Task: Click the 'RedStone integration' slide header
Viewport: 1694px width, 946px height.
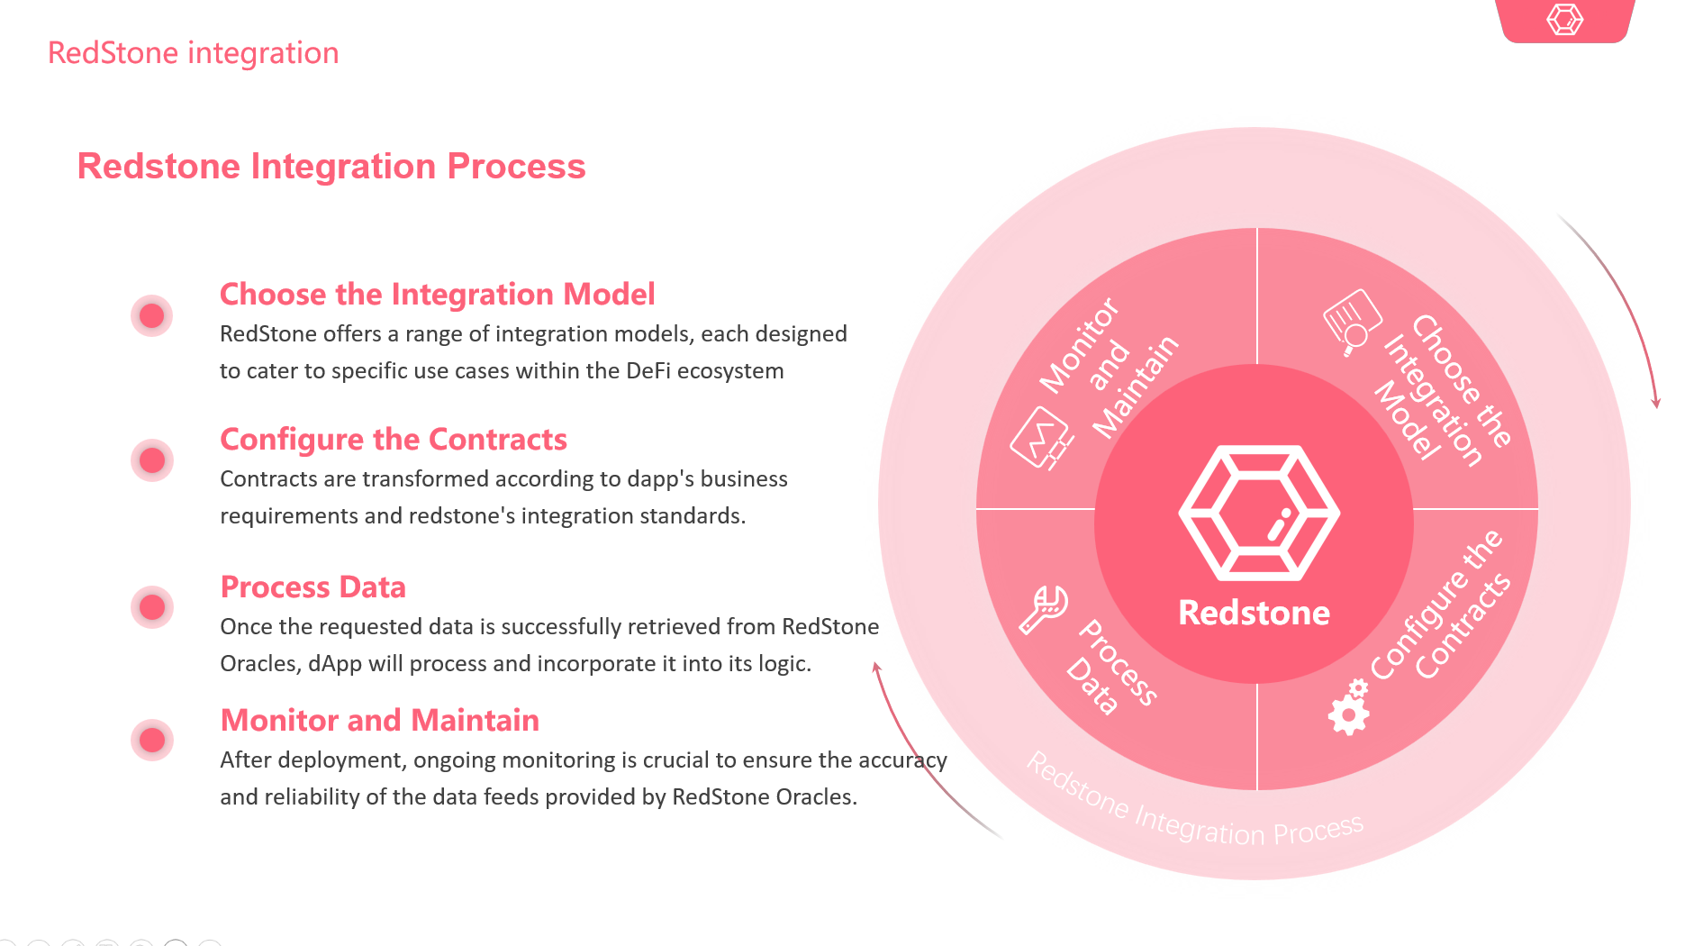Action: click(x=194, y=53)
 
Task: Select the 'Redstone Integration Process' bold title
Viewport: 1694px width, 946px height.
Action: click(x=331, y=167)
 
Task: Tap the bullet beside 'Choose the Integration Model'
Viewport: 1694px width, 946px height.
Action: click(x=152, y=315)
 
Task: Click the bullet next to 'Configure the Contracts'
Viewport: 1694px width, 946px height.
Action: click(x=152, y=460)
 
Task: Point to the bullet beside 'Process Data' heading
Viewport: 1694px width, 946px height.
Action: click(x=152, y=607)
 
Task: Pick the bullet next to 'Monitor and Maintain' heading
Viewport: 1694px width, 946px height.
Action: click(x=152, y=740)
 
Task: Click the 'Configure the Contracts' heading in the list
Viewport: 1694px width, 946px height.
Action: click(x=394, y=440)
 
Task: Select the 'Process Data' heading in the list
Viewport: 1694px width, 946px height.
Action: click(x=313, y=587)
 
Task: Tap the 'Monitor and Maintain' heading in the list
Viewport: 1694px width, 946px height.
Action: click(x=380, y=721)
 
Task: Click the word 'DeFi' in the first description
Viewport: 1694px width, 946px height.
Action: click(x=647, y=371)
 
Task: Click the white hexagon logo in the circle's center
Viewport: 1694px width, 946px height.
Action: click(x=1259, y=513)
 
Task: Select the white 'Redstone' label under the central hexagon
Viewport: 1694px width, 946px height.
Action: click(x=1254, y=613)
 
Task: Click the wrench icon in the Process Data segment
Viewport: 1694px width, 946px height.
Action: click(x=1044, y=609)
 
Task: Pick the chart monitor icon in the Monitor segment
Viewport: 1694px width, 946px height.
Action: click(x=1042, y=439)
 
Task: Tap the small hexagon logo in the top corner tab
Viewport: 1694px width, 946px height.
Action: click(x=1565, y=19)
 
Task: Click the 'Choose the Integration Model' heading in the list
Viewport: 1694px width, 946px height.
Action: click(x=438, y=295)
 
